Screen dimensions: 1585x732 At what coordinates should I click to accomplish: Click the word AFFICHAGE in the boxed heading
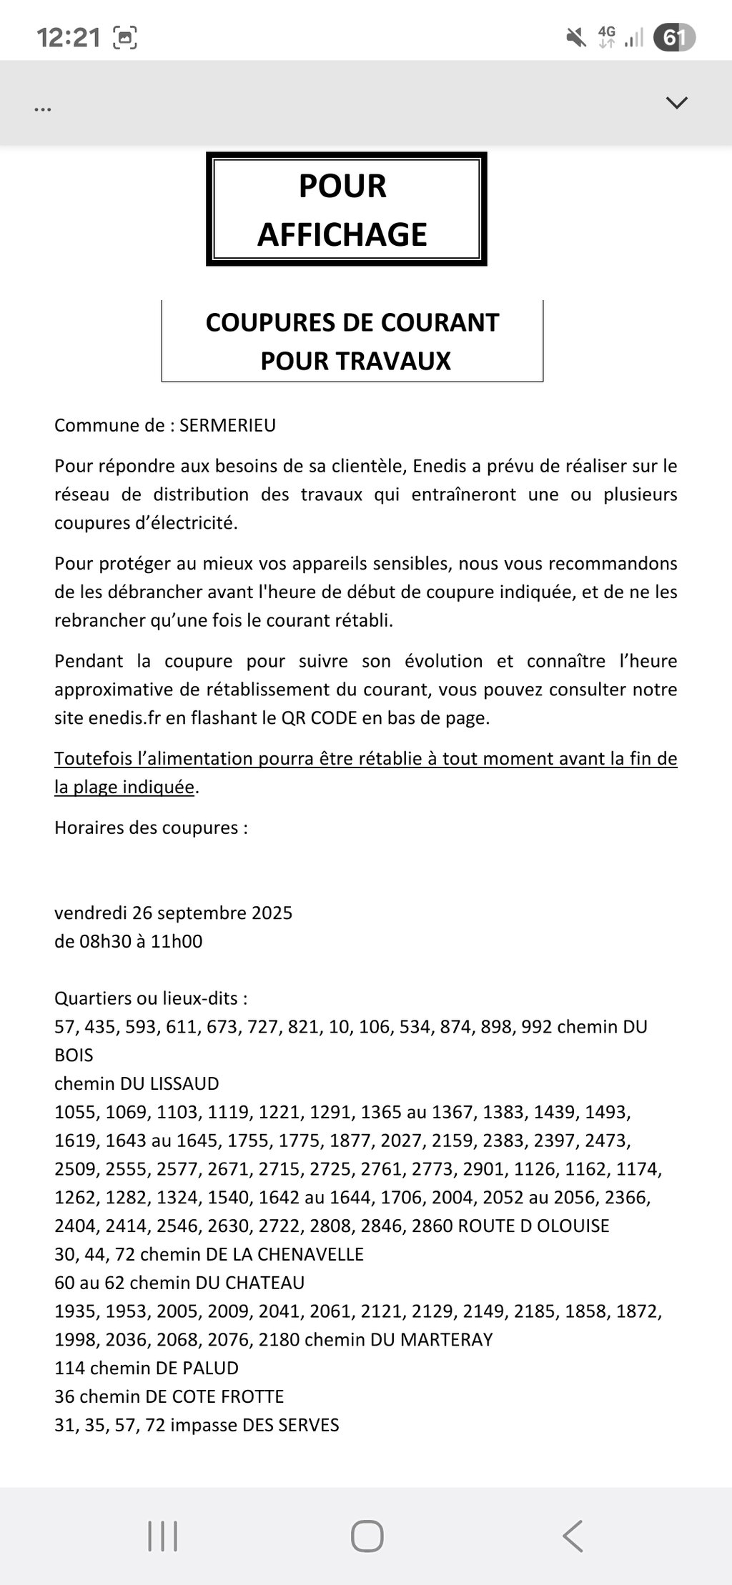342,235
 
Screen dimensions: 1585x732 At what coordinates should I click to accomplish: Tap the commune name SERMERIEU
227,426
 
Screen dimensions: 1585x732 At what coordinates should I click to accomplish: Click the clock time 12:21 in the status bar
69,38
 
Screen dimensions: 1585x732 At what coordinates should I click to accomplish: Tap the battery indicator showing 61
673,38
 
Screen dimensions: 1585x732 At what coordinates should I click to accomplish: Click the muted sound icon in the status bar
575,38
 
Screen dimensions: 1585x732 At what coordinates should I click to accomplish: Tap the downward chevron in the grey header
676,103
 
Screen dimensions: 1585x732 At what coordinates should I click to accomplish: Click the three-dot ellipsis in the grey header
43,109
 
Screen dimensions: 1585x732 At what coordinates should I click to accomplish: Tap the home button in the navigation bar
367,1535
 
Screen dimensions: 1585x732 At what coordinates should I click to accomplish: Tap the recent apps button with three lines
162,1535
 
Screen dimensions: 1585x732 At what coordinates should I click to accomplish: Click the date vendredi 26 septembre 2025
173,913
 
